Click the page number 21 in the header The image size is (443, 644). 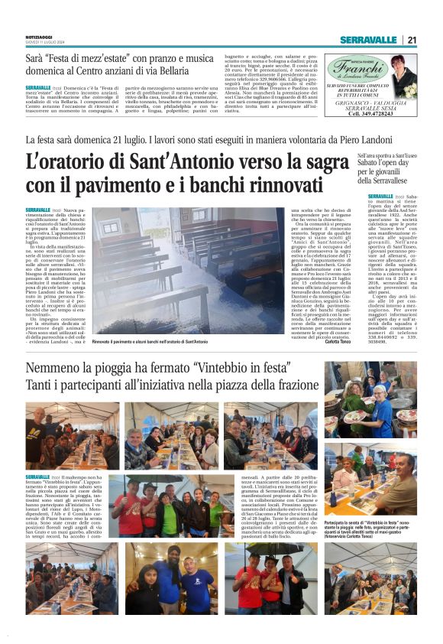click(412, 40)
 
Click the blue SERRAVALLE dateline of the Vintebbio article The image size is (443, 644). click(37, 476)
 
